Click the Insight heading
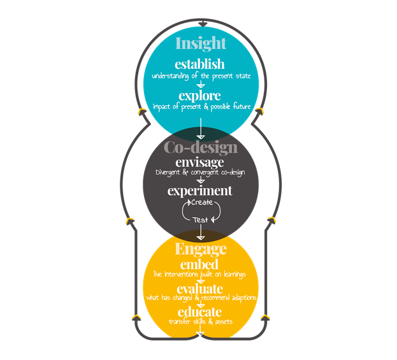point(200,43)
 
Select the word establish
point(200,64)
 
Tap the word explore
point(200,96)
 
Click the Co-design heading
point(200,148)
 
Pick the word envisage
point(200,162)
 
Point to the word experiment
point(200,191)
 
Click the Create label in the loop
point(201,203)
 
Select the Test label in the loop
point(201,219)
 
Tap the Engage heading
point(200,248)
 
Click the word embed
point(200,264)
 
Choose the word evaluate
point(200,289)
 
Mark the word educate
point(200,312)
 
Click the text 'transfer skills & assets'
point(200,321)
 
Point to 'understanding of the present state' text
point(200,75)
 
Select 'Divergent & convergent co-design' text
point(200,173)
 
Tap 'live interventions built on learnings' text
point(200,274)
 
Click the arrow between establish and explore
point(200,84)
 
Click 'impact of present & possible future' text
point(200,106)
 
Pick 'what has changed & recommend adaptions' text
point(200,298)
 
